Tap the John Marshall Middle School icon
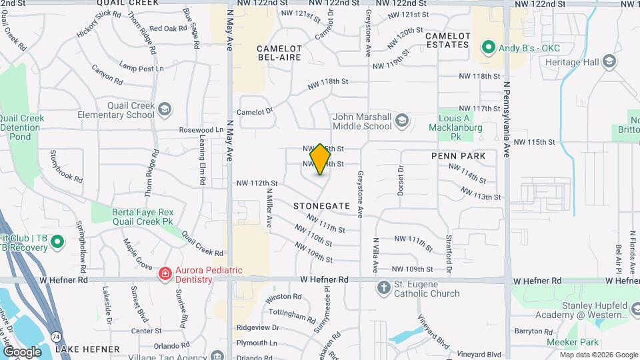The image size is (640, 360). click(x=401, y=121)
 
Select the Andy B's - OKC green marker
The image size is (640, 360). click(x=488, y=47)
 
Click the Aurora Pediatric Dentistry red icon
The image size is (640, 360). click(x=164, y=274)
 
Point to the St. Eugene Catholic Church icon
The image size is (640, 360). click(x=383, y=288)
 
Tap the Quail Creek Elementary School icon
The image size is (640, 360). click(x=165, y=109)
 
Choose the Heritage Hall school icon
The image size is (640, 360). click(x=608, y=61)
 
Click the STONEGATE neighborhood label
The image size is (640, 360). click(x=321, y=207)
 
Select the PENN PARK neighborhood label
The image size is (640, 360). click(x=463, y=156)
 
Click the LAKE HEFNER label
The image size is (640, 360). click(x=87, y=349)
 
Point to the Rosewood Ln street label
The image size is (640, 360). click(x=201, y=129)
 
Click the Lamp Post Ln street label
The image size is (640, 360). click(x=141, y=68)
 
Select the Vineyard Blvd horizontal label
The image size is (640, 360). click(x=483, y=355)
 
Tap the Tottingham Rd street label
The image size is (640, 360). click(x=291, y=313)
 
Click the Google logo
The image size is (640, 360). click(x=22, y=351)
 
